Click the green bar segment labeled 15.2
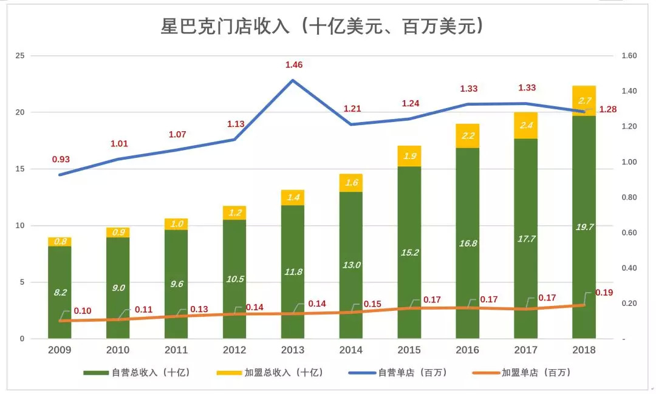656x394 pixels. [x=409, y=252]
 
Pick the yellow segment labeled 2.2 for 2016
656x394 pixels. [x=468, y=136]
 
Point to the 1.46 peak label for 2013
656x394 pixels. [x=294, y=65]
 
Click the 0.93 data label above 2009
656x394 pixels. [x=61, y=160]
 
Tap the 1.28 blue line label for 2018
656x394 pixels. [x=608, y=109]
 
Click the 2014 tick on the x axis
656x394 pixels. [x=351, y=350]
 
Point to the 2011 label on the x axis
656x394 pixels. [x=176, y=350]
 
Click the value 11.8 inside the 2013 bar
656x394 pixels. [x=293, y=271]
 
